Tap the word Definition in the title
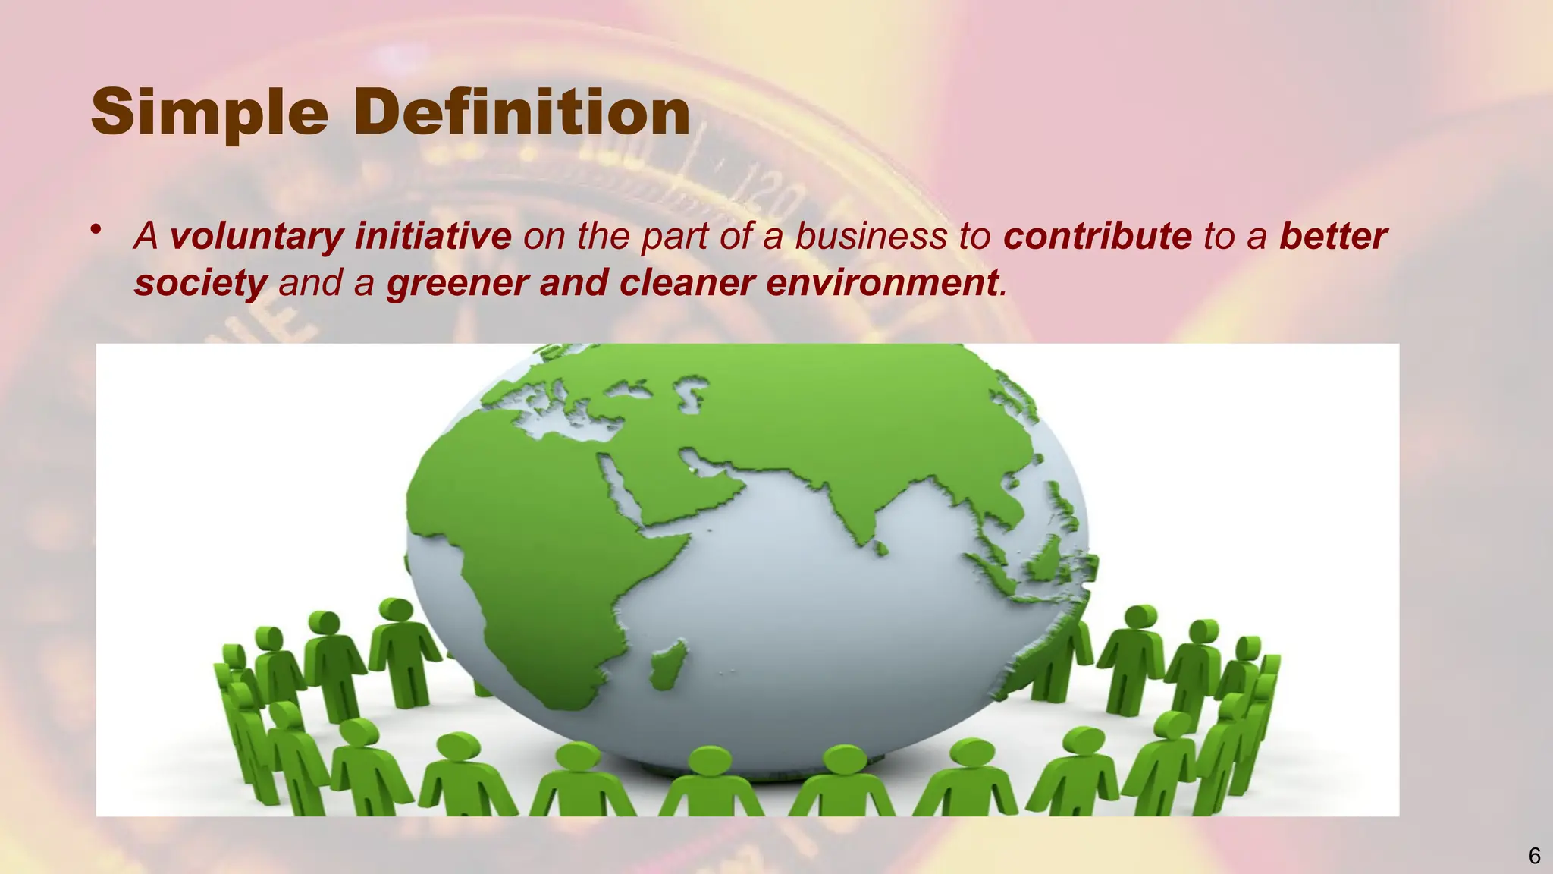point(522,112)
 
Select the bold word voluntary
point(256,237)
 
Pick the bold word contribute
point(1097,237)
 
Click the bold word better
point(1332,237)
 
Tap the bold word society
point(200,284)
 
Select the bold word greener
point(457,284)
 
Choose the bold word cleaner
point(687,284)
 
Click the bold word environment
point(882,284)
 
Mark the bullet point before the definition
point(96,230)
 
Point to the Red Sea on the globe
point(617,486)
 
